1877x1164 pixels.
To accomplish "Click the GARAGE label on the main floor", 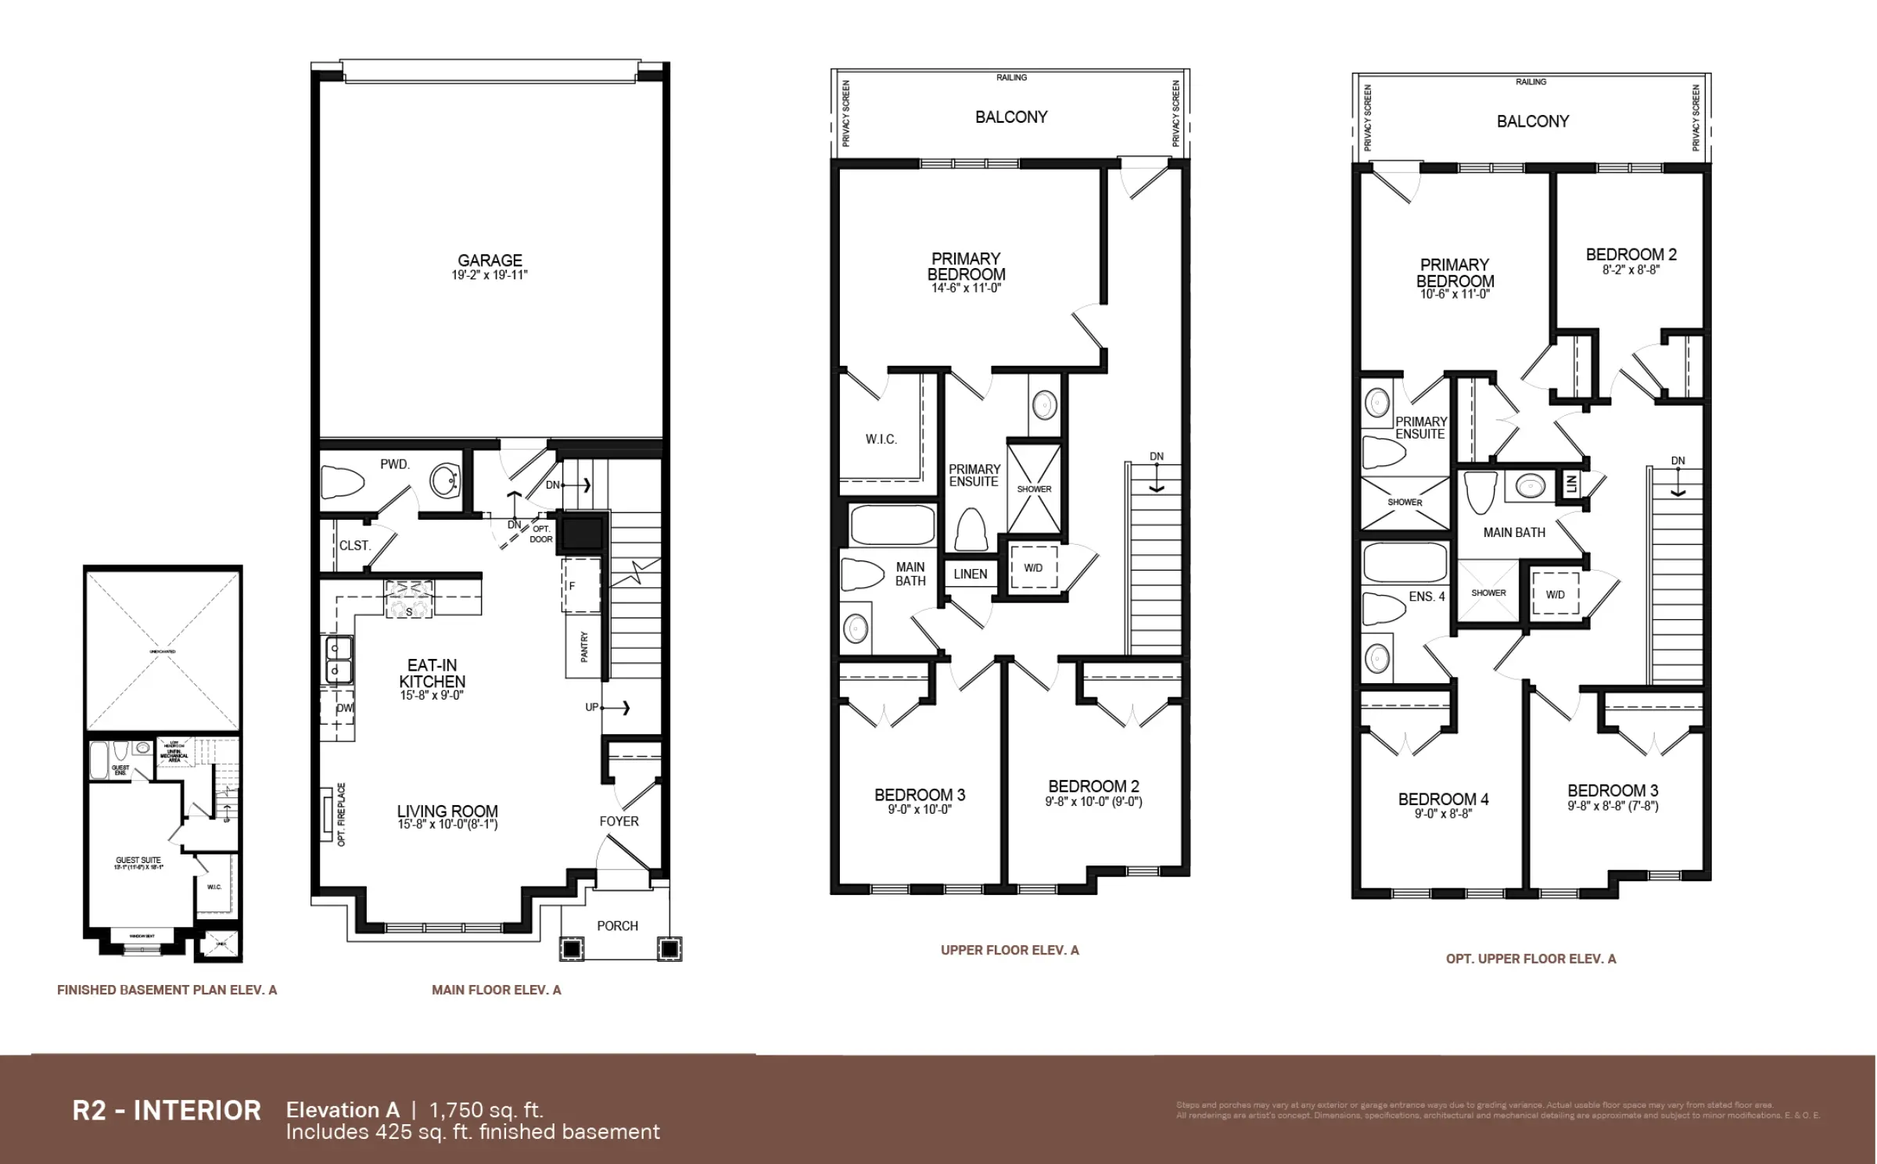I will pyautogui.click(x=490, y=260).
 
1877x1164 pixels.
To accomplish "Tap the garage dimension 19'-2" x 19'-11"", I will pyautogui.click(x=490, y=275).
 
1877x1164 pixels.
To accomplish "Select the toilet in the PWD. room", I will pyautogui.click(x=343, y=483).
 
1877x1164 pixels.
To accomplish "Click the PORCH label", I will pyautogui.click(x=617, y=926).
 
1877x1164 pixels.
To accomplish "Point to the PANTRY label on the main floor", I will pyautogui.click(x=584, y=647).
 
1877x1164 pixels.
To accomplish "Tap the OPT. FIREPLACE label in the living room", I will pyautogui.click(x=342, y=815).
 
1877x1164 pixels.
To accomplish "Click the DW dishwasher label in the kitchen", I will pyautogui.click(x=344, y=708).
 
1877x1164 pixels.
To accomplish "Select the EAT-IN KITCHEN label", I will pyautogui.click(x=432, y=673).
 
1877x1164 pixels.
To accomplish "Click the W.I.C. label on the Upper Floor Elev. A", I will pyautogui.click(x=881, y=439).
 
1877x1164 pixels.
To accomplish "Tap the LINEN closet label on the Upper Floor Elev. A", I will pyautogui.click(x=970, y=574).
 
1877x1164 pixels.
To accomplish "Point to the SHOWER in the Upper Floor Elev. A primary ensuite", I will pyautogui.click(x=1034, y=489).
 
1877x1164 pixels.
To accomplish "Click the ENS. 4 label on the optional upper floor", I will pyautogui.click(x=1427, y=596).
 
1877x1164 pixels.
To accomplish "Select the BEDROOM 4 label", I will pyautogui.click(x=1443, y=799).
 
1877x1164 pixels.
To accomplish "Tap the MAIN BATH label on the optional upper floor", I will pyautogui.click(x=1514, y=532).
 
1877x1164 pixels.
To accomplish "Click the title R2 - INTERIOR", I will pyautogui.click(x=167, y=1110).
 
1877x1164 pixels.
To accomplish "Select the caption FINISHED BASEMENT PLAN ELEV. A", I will pyautogui.click(x=167, y=990).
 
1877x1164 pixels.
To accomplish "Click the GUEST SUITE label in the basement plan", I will pyautogui.click(x=138, y=860).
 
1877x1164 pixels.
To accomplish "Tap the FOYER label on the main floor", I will pyautogui.click(x=619, y=821).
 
